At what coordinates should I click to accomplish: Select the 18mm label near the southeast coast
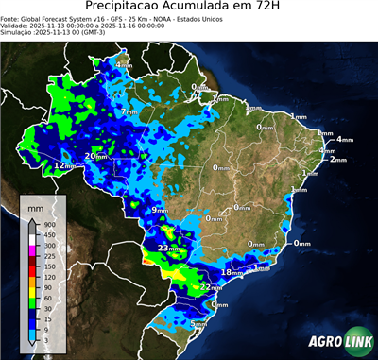pyautogui.click(x=230, y=272)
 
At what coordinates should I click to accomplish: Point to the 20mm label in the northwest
pyautogui.click(x=95, y=156)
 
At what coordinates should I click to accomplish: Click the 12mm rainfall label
pyautogui.click(x=63, y=165)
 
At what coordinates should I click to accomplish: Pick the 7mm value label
pyautogui.click(x=129, y=112)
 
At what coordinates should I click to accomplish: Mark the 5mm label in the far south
pyautogui.click(x=198, y=324)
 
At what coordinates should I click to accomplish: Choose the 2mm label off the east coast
pyautogui.click(x=337, y=160)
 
